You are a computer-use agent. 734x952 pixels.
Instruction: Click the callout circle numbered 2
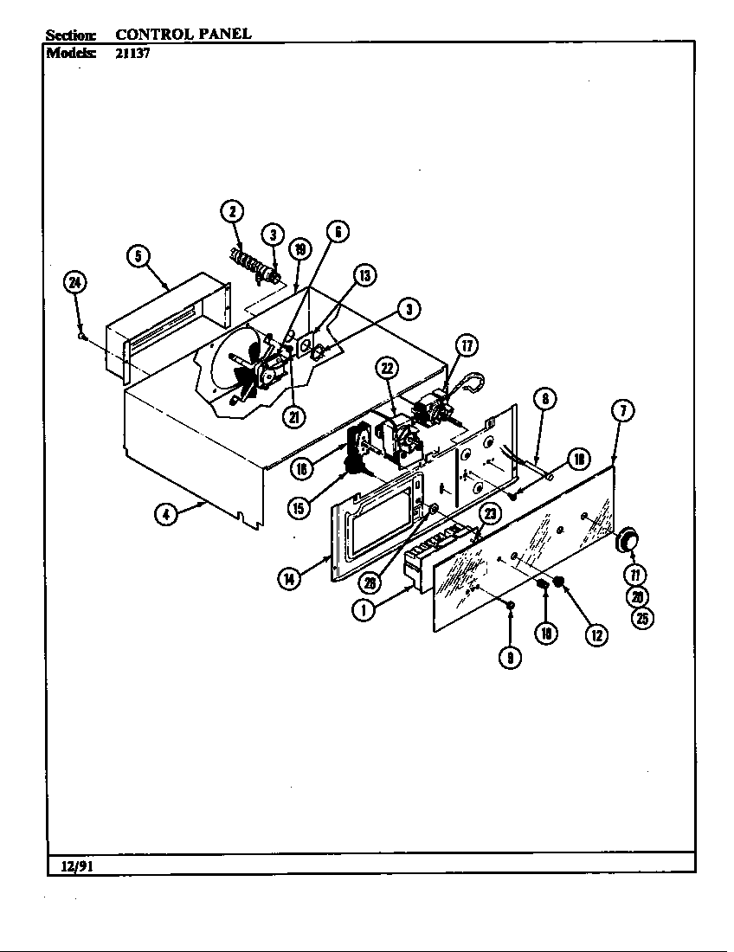pyautogui.click(x=231, y=211)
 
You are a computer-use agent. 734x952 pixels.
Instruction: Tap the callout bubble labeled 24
pyautogui.click(x=76, y=283)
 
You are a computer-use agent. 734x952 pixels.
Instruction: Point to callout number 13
pyautogui.click(x=364, y=275)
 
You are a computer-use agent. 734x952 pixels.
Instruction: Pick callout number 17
pyautogui.click(x=467, y=346)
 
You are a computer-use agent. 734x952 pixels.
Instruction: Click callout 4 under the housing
pyautogui.click(x=165, y=514)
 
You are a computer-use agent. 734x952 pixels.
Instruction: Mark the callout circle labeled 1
pyautogui.click(x=364, y=610)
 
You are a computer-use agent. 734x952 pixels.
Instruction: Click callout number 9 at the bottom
pyautogui.click(x=510, y=657)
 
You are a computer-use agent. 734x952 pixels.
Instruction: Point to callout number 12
pyautogui.click(x=596, y=634)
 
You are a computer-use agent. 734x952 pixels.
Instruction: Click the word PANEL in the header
pyautogui.click(x=222, y=34)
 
